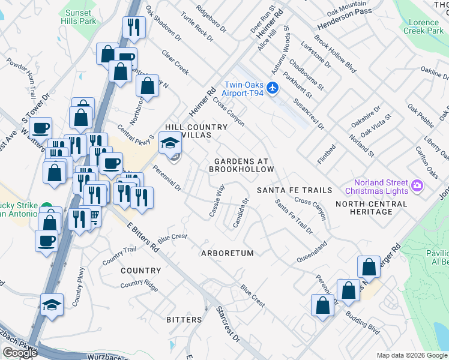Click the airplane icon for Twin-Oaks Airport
click(x=273, y=88)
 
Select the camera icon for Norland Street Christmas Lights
click(x=417, y=187)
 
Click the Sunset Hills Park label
click(x=79, y=17)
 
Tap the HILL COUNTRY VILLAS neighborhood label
click(x=196, y=131)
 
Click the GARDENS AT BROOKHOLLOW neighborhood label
click(x=241, y=165)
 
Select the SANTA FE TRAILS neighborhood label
click(x=294, y=190)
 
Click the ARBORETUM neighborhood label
click(x=228, y=253)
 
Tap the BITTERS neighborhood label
click(x=184, y=320)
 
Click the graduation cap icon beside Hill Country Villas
click(x=169, y=144)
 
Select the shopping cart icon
click(x=93, y=217)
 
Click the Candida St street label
click(x=241, y=211)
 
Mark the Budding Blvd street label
click(x=363, y=325)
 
